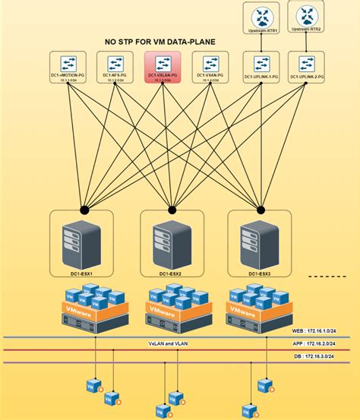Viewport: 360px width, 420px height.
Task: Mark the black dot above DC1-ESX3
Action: (x=261, y=209)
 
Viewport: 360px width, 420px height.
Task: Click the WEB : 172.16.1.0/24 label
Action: (x=320, y=331)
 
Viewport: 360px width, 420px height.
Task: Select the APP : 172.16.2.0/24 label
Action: (x=320, y=343)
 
